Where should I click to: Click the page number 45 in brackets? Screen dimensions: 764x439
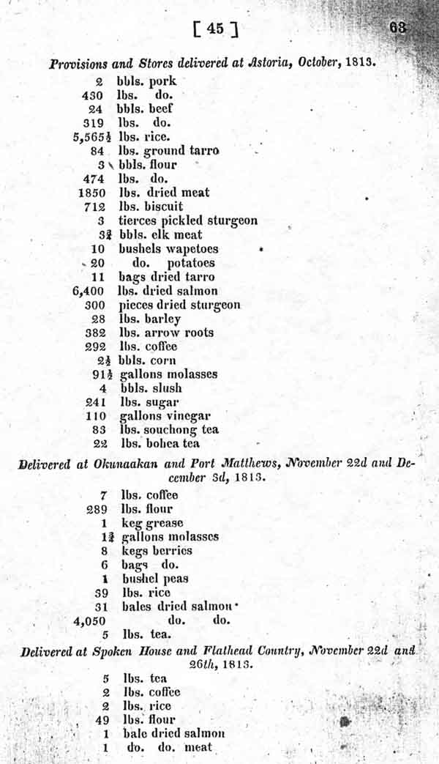click(x=214, y=29)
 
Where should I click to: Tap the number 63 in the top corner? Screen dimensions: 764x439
click(x=398, y=27)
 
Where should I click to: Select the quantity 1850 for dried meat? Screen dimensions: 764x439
click(x=92, y=193)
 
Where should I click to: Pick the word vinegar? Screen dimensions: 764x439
click(x=186, y=416)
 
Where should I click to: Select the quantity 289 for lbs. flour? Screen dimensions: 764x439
click(x=101, y=509)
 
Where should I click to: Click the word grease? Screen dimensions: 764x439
click(x=165, y=523)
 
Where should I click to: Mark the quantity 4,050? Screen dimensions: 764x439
click(x=91, y=621)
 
